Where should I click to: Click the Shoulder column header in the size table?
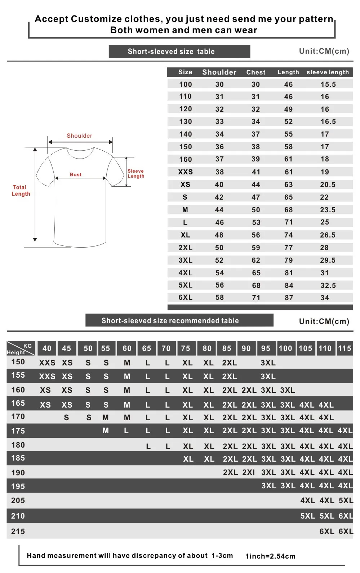coord(219,72)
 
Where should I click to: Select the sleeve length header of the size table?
coord(328,72)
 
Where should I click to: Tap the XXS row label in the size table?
coord(186,172)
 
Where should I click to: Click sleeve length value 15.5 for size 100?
coord(328,84)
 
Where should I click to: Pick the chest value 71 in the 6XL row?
coord(256,298)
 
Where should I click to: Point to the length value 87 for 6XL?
coord(289,298)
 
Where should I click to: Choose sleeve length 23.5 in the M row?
coord(328,210)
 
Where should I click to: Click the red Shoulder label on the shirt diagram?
coord(79,136)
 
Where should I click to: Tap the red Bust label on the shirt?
coord(76,174)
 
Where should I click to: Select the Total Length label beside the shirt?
coord(21,190)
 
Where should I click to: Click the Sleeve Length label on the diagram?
coord(136,174)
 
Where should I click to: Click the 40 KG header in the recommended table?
coord(47,348)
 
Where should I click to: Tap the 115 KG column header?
coord(345,348)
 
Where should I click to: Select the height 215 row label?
coord(18,532)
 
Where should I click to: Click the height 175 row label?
coord(18,431)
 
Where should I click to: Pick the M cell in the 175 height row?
coord(106,431)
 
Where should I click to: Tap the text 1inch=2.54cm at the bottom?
coord(270,556)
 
